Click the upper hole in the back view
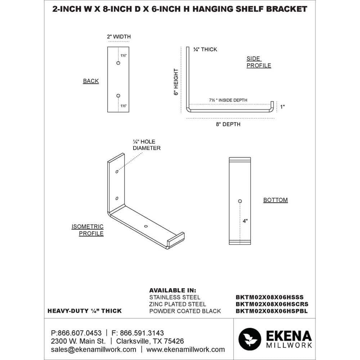[x=118, y=63]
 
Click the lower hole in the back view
[x=118, y=95]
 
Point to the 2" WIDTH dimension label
[x=118, y=37]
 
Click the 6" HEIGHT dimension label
[x=176, y=82]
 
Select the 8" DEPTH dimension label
[x=228, y=124]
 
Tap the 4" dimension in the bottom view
[x=245, y=221]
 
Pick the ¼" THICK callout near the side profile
[x=205, y=49]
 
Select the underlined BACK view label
[x=91, y=81]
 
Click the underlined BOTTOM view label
[x=275, y=200]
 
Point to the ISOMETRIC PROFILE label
[x=87, y=230]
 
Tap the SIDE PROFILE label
[x=258, y=62]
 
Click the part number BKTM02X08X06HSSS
[x=270, y=297]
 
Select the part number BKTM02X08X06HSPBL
[x=271, y=311]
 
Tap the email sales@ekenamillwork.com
[x=94, y=349]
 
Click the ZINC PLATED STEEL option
[x=178, y=304]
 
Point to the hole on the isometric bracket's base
[x=145, y=226]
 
